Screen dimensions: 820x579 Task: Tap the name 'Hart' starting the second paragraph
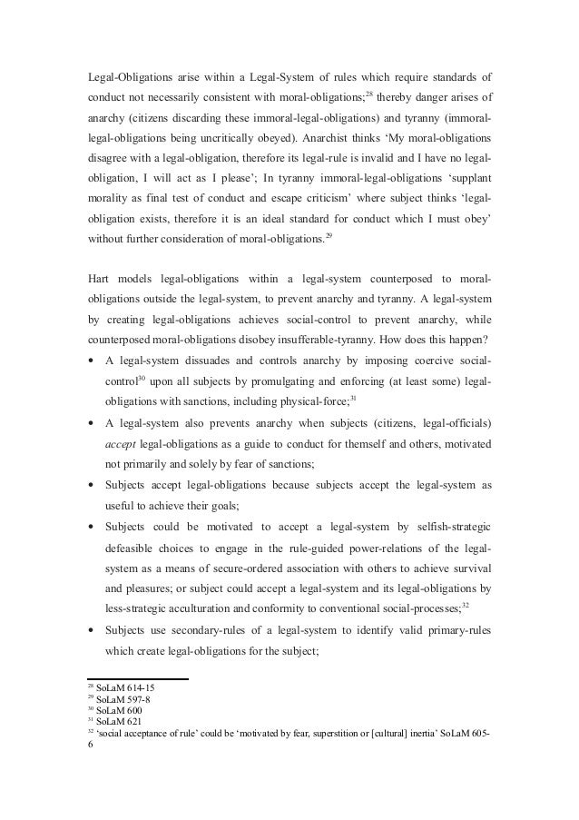(98, 301)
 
